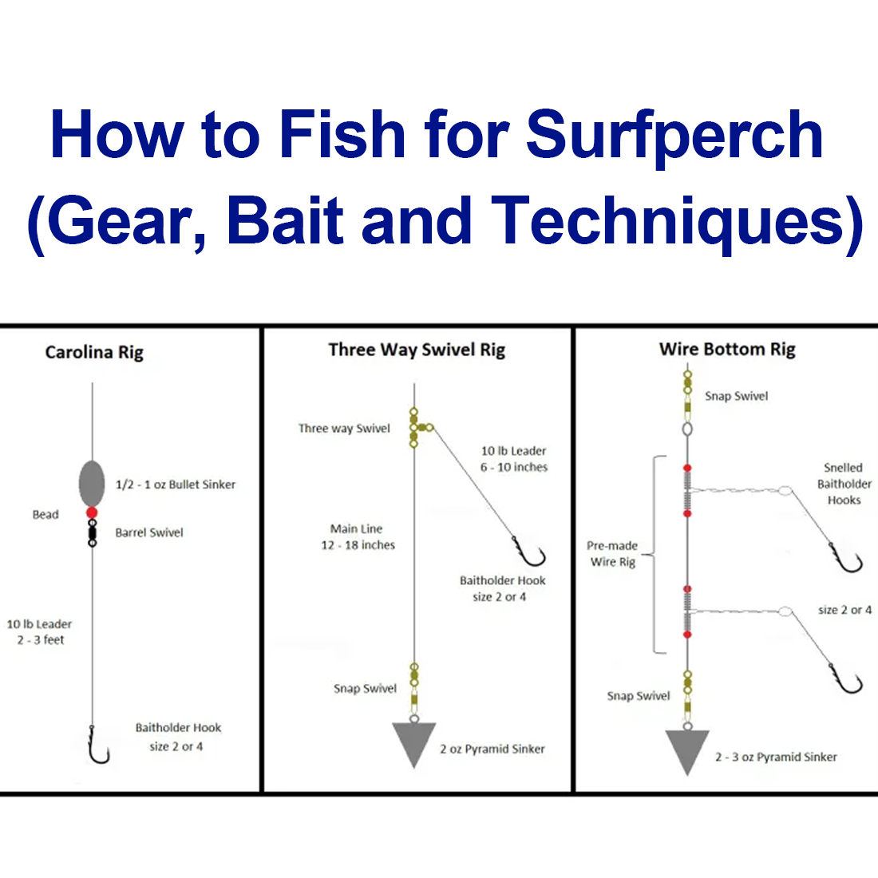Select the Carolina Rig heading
pos(94,352)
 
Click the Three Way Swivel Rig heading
pos(417,350)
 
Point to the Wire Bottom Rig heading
pos(727,349)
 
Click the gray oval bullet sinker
pos(92,482)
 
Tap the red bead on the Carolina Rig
pos(92,512)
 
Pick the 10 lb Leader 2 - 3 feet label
pos(40,632)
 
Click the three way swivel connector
pos(417,428)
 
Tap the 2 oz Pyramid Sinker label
pos(492,749)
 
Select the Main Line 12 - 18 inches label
pos(358,537)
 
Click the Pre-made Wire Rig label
pos(612,554)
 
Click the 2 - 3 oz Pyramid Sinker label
pos(776,757)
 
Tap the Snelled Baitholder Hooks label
pos(844,484)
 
